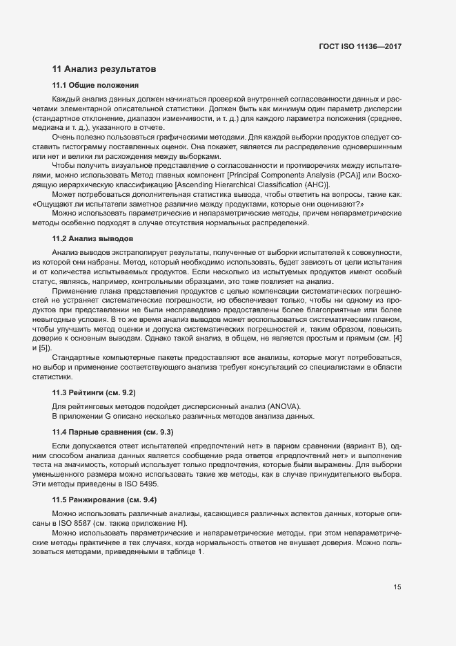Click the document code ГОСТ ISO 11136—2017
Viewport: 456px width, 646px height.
[x=359, y=47]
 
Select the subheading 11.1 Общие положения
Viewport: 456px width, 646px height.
[x=96, y=86]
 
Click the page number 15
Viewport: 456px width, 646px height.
[x=397, y=587]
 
